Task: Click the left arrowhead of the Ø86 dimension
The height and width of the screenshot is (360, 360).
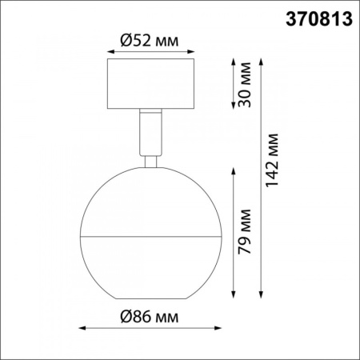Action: click(x=83, y=328)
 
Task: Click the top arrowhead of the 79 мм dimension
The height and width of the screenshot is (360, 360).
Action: click(x=232, y=170)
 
